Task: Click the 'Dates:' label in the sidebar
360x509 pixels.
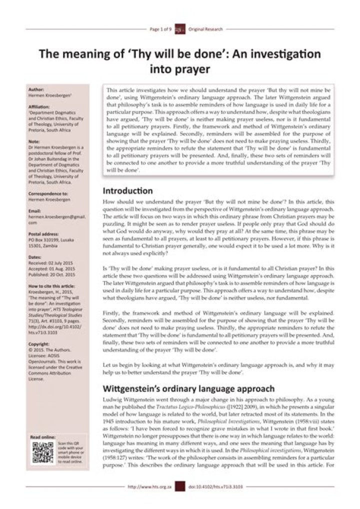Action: tap(36, 256)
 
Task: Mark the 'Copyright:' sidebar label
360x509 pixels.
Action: tap(39, 344)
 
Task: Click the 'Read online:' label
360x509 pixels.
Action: tap(43, 437)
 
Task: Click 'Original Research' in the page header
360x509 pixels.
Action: tap(205, 29)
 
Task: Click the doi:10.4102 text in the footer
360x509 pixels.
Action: tap(216, 486)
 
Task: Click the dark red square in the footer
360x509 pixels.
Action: tap(180, 486)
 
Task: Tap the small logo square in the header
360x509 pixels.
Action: tap(180, 29)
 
